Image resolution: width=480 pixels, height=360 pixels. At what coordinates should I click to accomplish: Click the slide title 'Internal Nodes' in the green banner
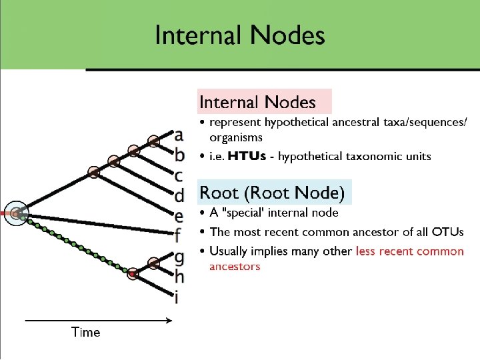click(x=239, y=35)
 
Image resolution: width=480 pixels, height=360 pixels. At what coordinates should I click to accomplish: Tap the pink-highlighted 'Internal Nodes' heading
click(x=257, y=102)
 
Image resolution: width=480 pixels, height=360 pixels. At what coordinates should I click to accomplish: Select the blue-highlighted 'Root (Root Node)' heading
click(x=272, y=193)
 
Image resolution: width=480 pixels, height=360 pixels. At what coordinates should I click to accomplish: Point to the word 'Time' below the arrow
click(x=86, y=332)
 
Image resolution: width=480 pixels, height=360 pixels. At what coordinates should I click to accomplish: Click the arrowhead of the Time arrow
click(x=170, y=321)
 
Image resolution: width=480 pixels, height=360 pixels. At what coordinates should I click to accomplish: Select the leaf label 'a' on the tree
click(x=178, y=136)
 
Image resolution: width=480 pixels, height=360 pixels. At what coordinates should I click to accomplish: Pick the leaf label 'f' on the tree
click(x=177, y=235)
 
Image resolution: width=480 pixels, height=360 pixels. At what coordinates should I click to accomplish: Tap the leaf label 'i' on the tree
click(x=176, y=295)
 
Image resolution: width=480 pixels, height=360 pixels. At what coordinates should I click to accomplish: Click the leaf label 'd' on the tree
click(x=178, y=196)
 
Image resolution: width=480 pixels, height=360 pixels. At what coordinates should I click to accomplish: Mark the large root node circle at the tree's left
click(x=15, y=213)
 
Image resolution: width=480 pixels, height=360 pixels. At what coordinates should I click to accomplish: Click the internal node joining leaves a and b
click(x=154, y=141)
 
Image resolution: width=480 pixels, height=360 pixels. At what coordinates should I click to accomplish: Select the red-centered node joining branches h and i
click(x=133, y=272)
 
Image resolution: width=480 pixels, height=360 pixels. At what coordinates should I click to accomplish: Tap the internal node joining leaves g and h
click(x=154, y=262)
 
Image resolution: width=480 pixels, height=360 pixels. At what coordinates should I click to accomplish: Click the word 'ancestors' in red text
click(x=235, y=267)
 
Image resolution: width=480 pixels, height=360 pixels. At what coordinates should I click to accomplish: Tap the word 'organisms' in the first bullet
click(x=236, y=138)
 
